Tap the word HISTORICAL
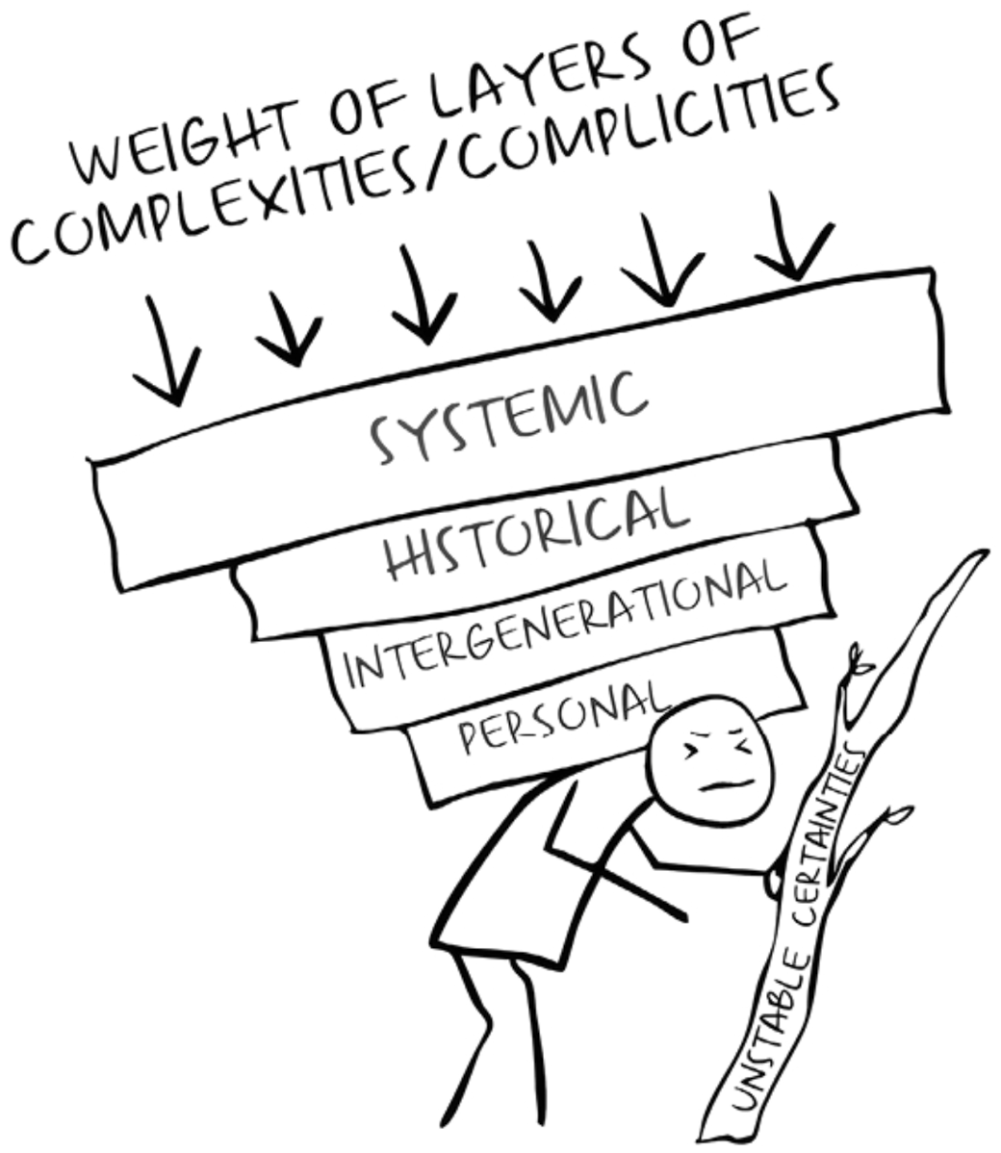[x=538, y=532]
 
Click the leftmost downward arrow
[x=167, y=350]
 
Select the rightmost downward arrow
[x=793, y=235]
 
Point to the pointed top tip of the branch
[x=986, y=552]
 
